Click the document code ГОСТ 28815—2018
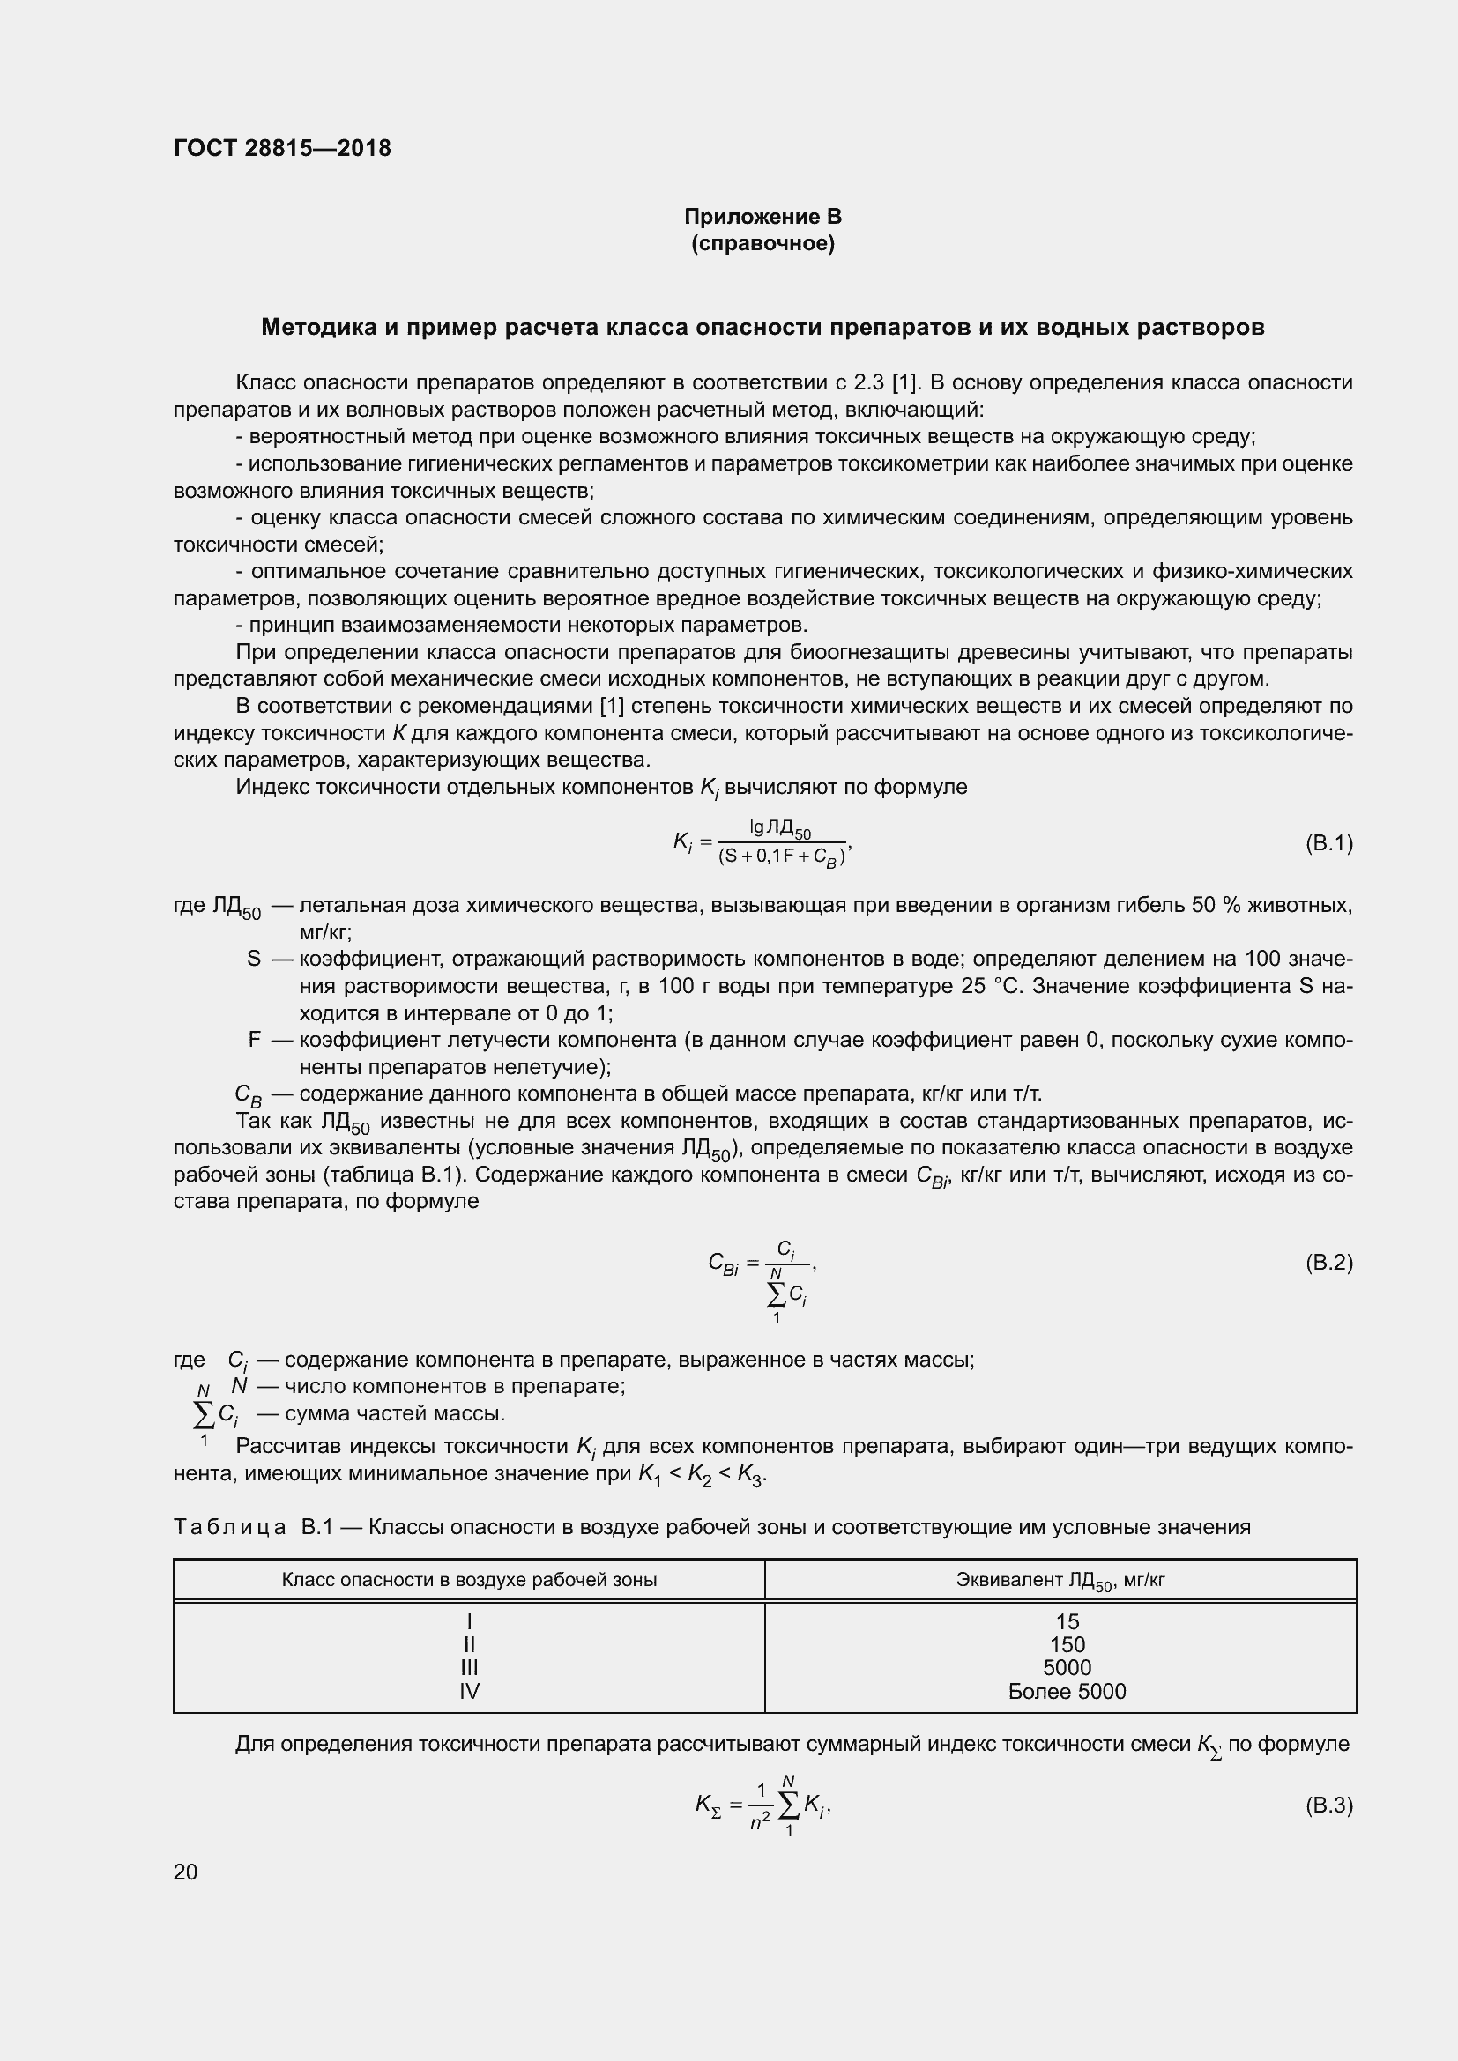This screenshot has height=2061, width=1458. click(282, 148)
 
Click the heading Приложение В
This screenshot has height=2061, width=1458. click(762, 217)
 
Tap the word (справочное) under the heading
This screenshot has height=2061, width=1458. click(762, 243)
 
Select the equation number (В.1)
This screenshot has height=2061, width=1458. click(1328, 843)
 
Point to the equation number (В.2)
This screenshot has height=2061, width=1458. click(1328, 1263)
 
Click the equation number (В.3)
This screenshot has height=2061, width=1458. click(1328, 1805)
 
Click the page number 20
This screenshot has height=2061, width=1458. click(185, 1872)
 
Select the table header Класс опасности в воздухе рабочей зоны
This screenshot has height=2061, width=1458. click(469, 1580)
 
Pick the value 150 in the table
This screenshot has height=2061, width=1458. click(1067, 1645)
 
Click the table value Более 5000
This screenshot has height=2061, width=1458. click(1067, 1692)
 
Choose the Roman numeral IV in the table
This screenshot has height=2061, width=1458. click(469, 1692)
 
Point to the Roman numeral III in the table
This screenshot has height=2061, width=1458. click(469, 1668)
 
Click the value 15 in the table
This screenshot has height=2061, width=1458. click(1067, 1622)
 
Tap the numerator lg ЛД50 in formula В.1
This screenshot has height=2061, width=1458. click(780, 829)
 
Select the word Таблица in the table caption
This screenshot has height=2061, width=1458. click(230, 1527)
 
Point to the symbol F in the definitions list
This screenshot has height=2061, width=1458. click(254, 1040)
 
